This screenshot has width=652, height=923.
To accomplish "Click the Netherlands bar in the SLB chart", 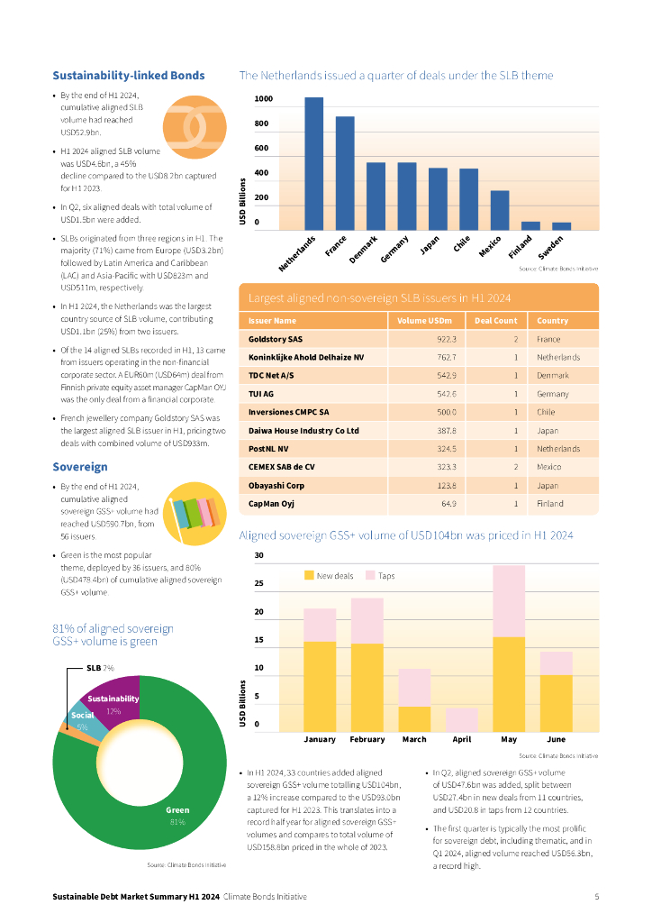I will (313, 163).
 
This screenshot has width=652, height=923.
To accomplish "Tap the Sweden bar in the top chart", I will (561, 225).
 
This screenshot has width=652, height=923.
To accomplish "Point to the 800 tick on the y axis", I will (262, 123).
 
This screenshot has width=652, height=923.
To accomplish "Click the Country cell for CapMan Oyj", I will (550, 503).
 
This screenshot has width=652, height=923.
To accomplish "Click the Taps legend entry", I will (380, 575).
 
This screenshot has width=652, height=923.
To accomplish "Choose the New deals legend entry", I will (330, 575).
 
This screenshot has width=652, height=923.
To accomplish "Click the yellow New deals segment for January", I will (320, 686).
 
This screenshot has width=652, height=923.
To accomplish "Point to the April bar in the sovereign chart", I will (462, 719).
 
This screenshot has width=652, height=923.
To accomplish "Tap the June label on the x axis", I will (556, 739).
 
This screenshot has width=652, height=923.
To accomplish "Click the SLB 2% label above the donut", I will (99, 668).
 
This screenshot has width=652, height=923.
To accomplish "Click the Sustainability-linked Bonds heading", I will (129, 76).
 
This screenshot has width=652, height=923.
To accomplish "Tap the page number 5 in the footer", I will (597, 897).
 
